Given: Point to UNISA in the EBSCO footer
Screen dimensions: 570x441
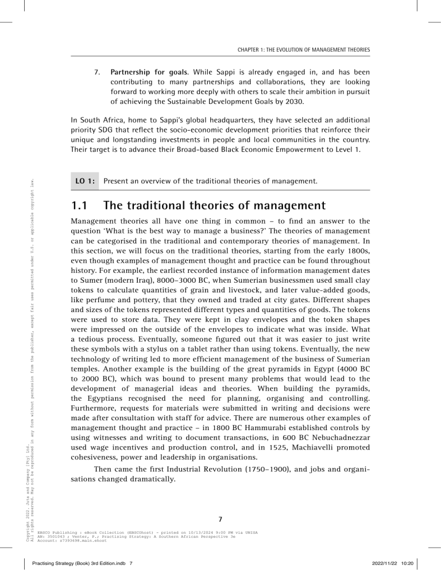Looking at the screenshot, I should click(x=251, y=533).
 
